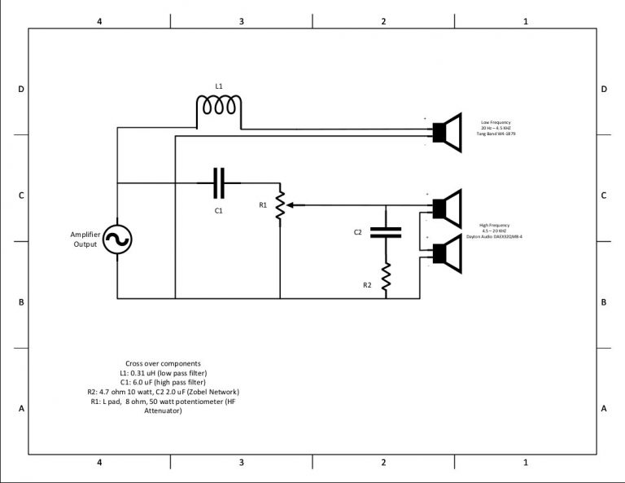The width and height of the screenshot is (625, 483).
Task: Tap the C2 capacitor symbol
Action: [386, 232]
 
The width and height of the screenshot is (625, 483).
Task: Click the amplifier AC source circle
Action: [117, 239]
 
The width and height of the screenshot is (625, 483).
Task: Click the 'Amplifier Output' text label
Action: [85, 239]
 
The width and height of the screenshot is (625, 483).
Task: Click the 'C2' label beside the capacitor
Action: [357, 232]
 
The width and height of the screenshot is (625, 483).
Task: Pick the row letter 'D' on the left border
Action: [21, 89]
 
